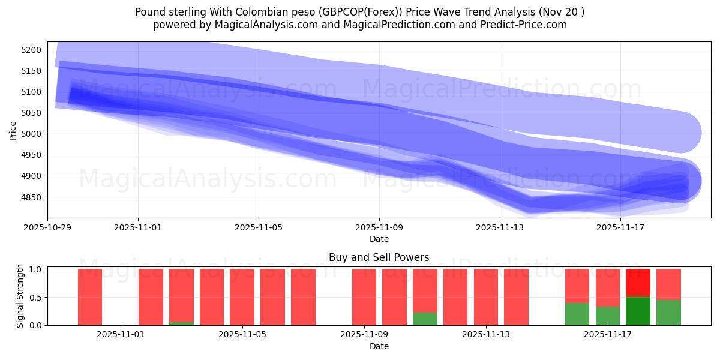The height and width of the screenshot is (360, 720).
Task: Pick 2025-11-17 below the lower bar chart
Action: [x=608, y=335]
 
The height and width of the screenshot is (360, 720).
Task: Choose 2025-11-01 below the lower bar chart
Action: [x=121, y=335]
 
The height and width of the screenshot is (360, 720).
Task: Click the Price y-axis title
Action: [x=13, y=130]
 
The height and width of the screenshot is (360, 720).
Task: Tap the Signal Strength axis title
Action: [x=20, y=296]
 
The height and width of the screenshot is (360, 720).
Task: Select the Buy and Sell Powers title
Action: [x=379, y=257]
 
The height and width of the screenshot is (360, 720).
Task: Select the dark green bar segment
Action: [x=638, y=311]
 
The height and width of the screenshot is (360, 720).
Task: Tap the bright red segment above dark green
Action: [x=638, y=283]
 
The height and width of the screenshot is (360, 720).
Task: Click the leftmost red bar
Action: [x=90, y=297]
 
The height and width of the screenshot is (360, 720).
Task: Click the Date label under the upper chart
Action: [x=379, y=239]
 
